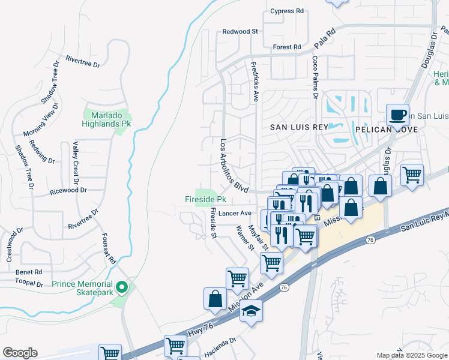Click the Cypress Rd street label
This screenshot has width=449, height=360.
click(x=287, y=11)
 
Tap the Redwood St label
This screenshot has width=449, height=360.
click(x=240, y=31)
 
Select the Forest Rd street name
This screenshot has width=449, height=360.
click(x=286, y=47)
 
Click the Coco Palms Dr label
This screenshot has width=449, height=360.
click(x=315, y=77)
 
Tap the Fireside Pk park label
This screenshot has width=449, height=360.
click(x=205, y=199)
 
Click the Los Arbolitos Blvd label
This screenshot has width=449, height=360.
click(x=234, y=166)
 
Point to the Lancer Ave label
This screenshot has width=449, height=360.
click(x=235, y=213)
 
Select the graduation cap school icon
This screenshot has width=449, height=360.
click(x=252, y=311)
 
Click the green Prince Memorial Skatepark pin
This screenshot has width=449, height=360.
click(x=122, y=287)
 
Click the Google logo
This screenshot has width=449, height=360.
click(x=20, y=353)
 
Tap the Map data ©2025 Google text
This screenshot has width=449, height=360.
click(x=411, y=355)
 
